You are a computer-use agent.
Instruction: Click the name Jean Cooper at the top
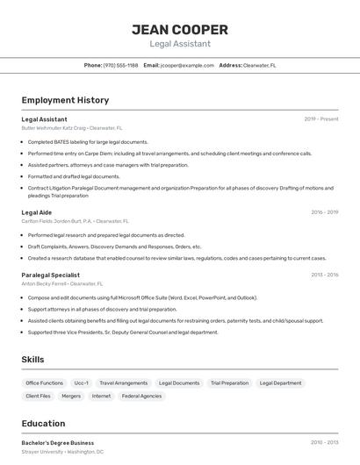coord(180,29)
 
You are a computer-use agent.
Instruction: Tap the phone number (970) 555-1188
coord(120,65)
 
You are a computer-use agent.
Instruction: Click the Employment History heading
coord(65,100)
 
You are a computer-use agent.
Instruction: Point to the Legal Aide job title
coord(36,212)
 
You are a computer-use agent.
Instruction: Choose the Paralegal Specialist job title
coord(50,275)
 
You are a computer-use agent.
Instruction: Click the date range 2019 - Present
coord(321,118)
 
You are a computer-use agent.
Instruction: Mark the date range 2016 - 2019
coord(324,212)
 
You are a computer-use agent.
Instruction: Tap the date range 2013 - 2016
coord(324,275)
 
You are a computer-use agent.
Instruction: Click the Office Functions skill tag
coord(44,383)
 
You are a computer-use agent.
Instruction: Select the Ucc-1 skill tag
coord(81,383)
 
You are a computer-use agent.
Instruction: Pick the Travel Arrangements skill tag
coord(123,383)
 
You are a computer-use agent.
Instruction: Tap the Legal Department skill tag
coord(281,383)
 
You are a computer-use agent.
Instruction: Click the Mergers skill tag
coord(71,396)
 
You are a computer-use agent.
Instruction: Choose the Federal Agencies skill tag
coord(141,396)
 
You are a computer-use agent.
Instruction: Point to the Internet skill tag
coord(101,396)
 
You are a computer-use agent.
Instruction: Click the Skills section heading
coord(32,360)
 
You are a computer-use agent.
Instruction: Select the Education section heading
coord(43,423)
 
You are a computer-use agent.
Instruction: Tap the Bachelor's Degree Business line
coord(57,443)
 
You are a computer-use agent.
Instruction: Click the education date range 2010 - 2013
coord(324,443)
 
